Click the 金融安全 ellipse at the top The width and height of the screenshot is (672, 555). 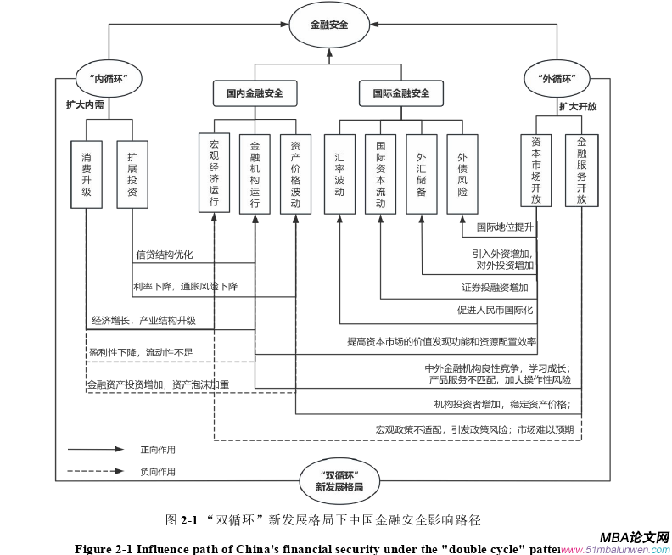click(329, 25)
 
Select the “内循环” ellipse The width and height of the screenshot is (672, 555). click(109, 79)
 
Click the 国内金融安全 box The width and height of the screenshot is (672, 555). click(255, 92)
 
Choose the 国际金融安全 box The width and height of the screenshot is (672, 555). click(400, 92)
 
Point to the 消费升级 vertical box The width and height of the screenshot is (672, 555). click(86, 174)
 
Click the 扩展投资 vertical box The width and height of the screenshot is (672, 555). click(132, 174)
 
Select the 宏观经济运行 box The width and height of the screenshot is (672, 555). click(214, 173)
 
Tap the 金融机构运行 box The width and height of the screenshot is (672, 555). click(255, 173)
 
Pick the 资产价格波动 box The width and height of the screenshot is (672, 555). click(295, 173)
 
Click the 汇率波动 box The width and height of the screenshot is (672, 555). click(339, 173)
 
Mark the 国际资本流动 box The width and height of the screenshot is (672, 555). click(380, 173)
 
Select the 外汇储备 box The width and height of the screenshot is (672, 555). click(422, 173)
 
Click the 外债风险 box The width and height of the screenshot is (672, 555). click(462, 173)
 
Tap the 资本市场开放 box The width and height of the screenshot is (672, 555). click(536, 170)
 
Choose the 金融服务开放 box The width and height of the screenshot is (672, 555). click(582, 170)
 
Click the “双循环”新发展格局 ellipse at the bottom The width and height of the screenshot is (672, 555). click(339, 480)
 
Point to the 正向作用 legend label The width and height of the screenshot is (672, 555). click(158, 450)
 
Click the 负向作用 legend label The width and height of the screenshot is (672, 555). click(158, 471)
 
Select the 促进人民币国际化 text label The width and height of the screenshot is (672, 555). click(495, 310)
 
